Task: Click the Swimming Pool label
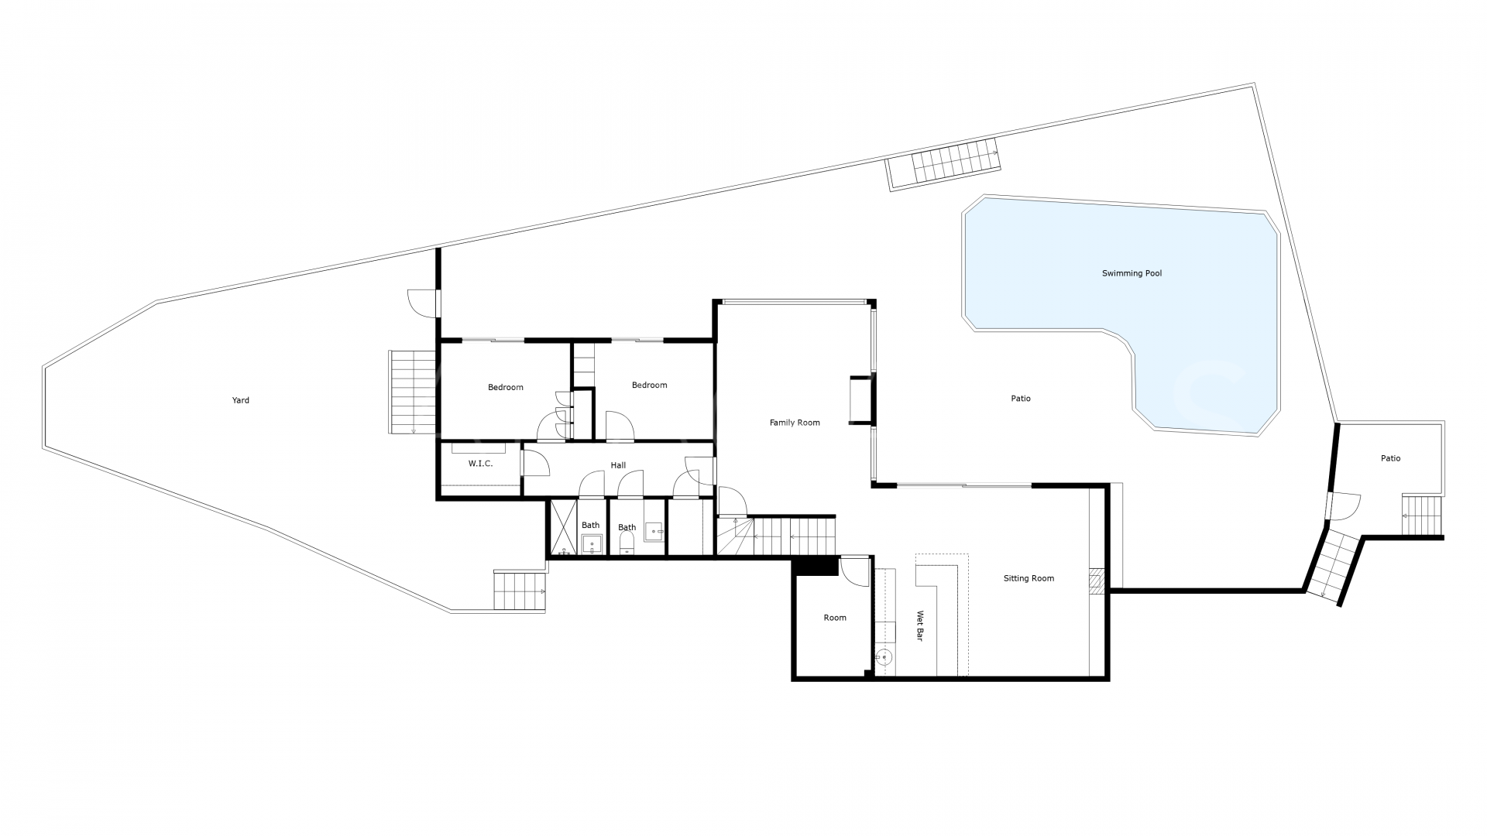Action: [x=1132, y=273]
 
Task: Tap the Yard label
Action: [x=241, y=400]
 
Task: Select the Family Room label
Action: [x=794, y=423]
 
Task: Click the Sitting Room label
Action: [x=1029, y=578]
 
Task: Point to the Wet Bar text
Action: [x=920, y=626]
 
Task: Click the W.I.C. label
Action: [x=480, y=464]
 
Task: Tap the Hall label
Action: [x=618, y=465]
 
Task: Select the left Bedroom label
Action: [x=505, y=387]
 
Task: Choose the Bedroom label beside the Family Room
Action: [x=649, y=385]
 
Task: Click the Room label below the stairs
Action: [x=835, y=618]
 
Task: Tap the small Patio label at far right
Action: [x=1390, y=458]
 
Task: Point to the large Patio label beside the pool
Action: [x=1020, y=399]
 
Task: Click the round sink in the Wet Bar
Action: [x=884, y=657]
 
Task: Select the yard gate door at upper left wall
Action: [x=423, y=303]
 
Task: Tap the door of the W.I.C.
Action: [x=534, y=463]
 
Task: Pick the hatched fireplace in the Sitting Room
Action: [x=1097, y=581]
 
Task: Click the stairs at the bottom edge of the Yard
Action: [x=520, y=591]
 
